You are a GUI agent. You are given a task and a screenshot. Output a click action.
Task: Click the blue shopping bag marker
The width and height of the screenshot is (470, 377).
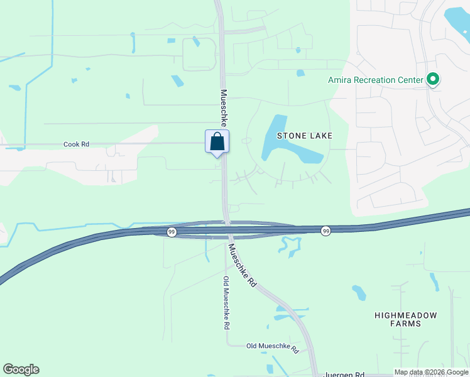217,141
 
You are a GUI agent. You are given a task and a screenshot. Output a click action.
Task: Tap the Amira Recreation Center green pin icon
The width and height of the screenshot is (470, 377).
432,80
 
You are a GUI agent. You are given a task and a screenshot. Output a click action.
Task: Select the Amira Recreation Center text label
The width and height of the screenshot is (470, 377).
376,80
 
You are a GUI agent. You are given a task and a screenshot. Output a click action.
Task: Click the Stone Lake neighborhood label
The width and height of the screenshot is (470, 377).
304,136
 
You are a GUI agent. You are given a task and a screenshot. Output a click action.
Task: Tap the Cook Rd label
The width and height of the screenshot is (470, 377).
76,144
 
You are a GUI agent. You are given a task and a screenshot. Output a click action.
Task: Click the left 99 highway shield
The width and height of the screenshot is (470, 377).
171,232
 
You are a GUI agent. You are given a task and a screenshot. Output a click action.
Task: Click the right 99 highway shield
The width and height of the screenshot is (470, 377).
325,231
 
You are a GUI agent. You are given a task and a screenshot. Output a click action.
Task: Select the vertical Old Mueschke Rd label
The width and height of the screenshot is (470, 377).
226,303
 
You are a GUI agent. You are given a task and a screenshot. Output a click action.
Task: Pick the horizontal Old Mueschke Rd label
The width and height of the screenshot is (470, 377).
272,346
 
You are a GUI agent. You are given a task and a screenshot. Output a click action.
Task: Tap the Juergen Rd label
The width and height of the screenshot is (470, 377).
344,374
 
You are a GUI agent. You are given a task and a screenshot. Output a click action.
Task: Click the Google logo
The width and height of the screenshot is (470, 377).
21,369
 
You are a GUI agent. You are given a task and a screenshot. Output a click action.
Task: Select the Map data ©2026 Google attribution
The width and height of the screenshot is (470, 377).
431,372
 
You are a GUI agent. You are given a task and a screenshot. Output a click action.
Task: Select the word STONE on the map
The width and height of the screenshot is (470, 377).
291,136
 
